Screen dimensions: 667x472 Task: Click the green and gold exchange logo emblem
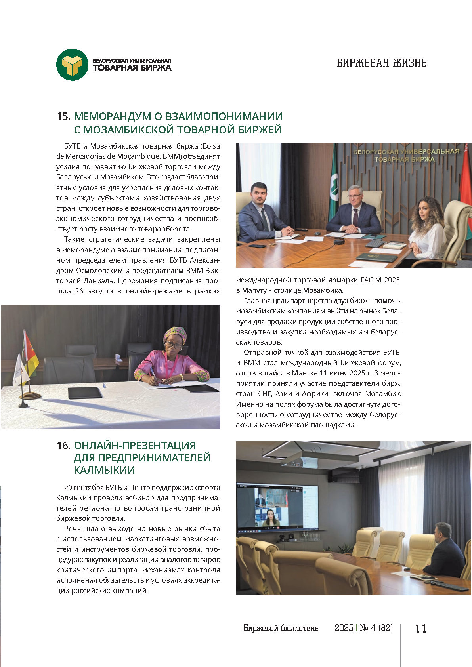[x=72, y=65]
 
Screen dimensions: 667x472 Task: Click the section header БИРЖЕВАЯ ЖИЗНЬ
[x=381, y=63]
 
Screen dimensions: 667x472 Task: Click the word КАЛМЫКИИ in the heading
[x=104, y=470]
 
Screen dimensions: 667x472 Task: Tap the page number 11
[x=420, y=628]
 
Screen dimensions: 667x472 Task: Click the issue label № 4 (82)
[x=376, y=628]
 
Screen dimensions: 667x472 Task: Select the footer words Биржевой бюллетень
[x=281, y=628]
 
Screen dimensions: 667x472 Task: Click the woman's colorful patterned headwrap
[x=174, y=334]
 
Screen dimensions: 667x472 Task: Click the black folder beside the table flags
[x=85, y=393]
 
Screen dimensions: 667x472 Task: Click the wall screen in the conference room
[x=277, y=507]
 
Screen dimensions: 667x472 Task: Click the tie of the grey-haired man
[x=355, y=217]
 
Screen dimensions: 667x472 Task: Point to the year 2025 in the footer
[x=344, y=628]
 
